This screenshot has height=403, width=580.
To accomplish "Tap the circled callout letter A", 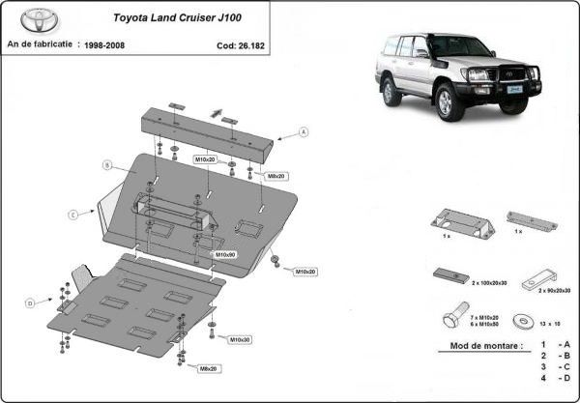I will (303, 131).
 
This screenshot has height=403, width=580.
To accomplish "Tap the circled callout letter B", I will (107, 165).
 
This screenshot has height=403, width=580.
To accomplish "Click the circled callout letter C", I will (72, 213).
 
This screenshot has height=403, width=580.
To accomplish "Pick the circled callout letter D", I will (30, 303).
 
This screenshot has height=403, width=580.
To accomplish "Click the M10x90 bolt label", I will (225, 254).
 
